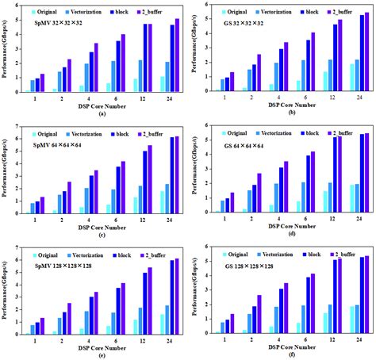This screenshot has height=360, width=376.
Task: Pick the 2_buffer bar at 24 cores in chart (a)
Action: tap(177, 55)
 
